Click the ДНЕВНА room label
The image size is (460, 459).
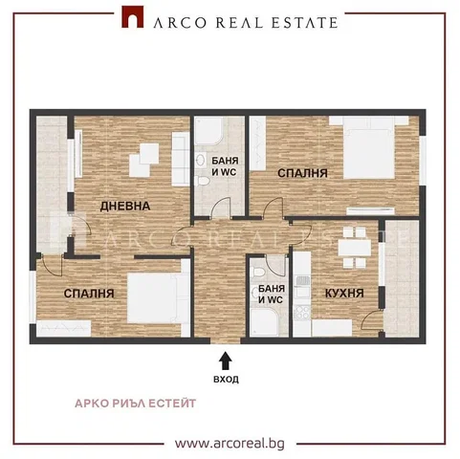(125, 206)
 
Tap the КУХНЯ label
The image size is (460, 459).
(344, 293)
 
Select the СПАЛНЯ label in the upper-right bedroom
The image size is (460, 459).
(302, 173)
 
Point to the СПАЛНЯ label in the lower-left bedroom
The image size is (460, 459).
(89, 294)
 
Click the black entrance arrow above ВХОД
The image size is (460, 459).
(226, 361)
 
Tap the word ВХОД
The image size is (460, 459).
(226, 380)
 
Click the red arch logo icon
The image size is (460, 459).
(132, 16)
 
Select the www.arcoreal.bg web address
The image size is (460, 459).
(230, 444)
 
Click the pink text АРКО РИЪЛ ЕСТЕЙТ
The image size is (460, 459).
(136, 404)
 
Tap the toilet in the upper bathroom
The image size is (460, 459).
(202, 181)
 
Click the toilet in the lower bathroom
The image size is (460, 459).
(257, 272)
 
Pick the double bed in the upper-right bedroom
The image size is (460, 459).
(369, 147)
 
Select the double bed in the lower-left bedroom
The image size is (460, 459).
(159, 298)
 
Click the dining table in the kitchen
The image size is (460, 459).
(355, 248)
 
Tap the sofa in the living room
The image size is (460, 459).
(181, 159)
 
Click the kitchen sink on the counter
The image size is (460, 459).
(301, 281)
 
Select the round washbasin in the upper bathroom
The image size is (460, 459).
(200, 160)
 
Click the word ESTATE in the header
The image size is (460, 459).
(304, 23)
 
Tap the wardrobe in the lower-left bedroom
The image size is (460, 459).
(64, 328)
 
